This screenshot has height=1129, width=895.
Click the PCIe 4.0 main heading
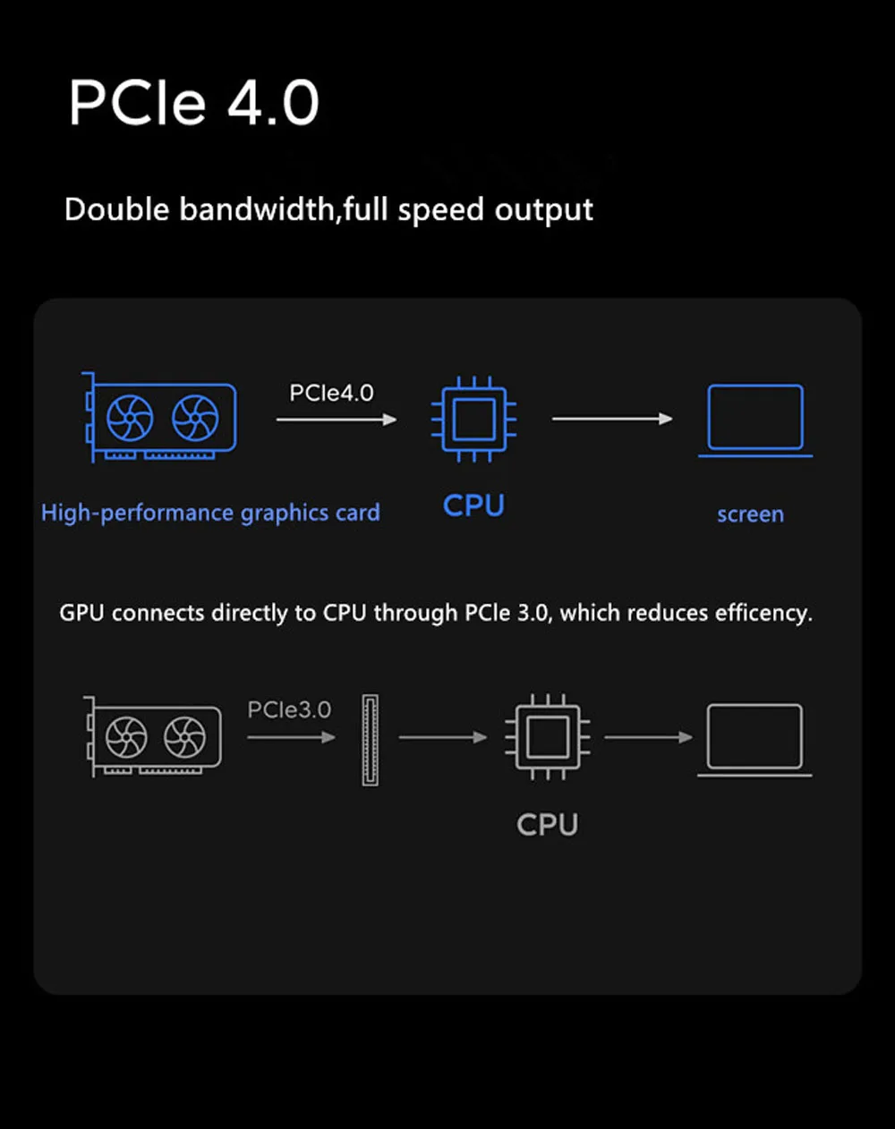click(x=193, y=102)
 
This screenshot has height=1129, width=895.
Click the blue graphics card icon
click(x=161, y=418)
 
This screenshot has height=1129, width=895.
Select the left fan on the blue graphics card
click(x=130, y=418)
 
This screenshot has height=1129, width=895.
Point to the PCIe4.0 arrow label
click(x=331, y=393)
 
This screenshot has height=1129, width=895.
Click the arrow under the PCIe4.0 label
click(x=337, y=419)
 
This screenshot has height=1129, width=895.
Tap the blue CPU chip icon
click(x=473, y=419)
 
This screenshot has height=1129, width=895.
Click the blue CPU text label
click(x=473, y=505)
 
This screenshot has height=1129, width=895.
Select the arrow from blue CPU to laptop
click(x=612, y=419)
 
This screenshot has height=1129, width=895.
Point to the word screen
click(x=750, y=514)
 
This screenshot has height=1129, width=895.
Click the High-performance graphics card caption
click(x=210, y=513)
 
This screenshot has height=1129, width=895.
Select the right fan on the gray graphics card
click(x=185, y=737)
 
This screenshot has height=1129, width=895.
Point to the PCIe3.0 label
click(x=289, y=710)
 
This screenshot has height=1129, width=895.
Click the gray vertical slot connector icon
click(x=370, y=740)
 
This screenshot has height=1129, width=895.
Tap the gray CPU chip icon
click(x=547, y=737)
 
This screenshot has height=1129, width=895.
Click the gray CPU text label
click(x=547, y=824)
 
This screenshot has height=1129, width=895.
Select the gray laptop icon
click(x=754, y=739)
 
